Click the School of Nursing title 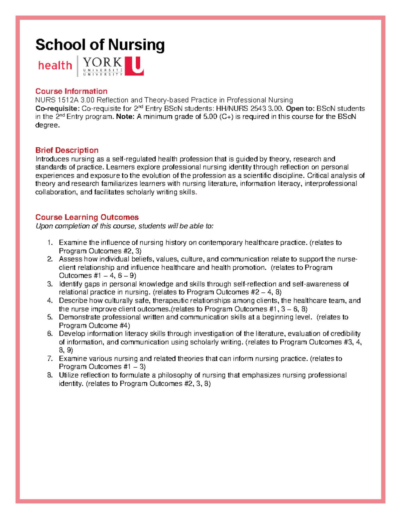(100, 45)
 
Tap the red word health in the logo (55, 65)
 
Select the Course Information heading (71, 91)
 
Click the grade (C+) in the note (226, 117)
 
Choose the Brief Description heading (67, 150)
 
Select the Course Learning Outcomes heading (87, 217)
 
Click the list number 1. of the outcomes (50, 243)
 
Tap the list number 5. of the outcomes (50, 317)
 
